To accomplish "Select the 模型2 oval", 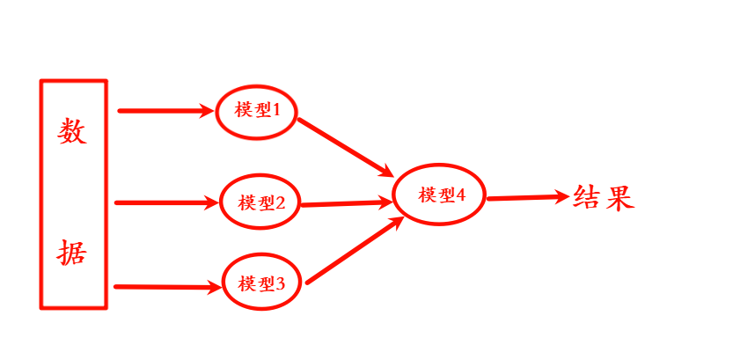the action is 260,202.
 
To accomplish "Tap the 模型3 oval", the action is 261,283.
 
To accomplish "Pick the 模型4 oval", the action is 440,195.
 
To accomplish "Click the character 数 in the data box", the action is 73,131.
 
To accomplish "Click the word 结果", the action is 603,196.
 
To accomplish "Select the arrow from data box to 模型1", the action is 167,111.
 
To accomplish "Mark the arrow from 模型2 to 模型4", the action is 346,202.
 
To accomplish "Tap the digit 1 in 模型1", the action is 275,111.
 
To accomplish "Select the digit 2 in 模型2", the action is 280,202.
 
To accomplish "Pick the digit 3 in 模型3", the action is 281,283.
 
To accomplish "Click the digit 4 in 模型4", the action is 460,195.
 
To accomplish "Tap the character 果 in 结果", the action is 619,196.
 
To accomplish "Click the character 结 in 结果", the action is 587,196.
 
